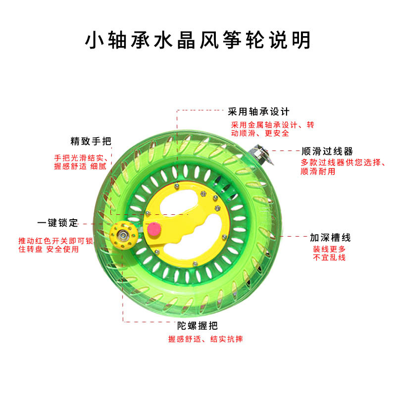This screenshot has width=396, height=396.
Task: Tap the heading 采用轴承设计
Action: pos(258,111)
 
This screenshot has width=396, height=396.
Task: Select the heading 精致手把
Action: pos(91,141)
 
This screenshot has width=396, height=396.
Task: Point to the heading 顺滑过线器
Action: pos(327,151)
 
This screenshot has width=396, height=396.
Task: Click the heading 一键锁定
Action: pos(57,223)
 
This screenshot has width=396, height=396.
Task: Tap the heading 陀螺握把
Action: pos(198,326)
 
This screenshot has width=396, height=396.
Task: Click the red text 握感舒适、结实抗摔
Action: pos(205,339)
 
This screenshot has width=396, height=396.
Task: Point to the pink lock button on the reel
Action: pos(154,229)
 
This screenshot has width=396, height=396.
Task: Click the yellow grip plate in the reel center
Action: pos(188,218)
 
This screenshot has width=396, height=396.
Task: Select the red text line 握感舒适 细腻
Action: pos(80,166)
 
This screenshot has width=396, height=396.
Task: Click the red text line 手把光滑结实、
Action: pos(80,158)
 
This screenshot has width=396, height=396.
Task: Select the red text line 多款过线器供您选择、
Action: pos(343,162)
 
